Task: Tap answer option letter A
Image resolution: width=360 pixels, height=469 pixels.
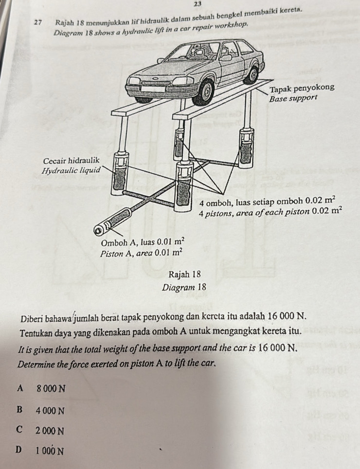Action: pyautogui.click(x=20, y=388)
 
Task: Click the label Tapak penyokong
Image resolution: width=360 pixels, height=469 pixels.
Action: pyautogui.click(x=302, y=88)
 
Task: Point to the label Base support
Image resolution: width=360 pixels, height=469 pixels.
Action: pyautogui.click(x=293, y=98)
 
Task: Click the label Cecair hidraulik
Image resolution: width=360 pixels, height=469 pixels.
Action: pyautogui.click(x=71, y=160)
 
